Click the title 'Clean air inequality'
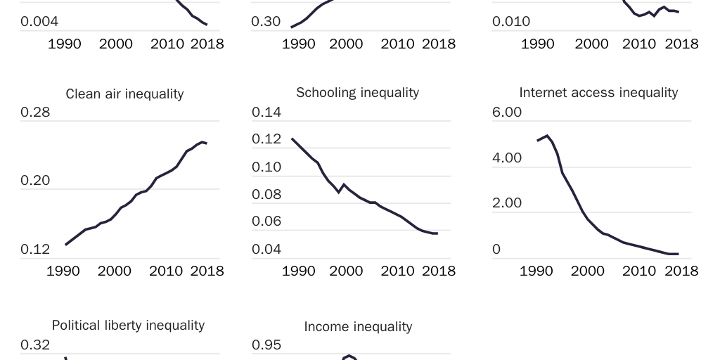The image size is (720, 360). pyautogui.click(x=124, y=94)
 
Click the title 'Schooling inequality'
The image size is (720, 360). pyautogui.click(x=357, y=92)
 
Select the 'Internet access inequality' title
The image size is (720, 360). pyautogui.click(x=598, y=92)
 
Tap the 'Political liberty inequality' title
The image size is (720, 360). pyautogui.click(x=128, y=325)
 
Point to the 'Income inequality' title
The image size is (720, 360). pyautogui.click(x=358, y=326)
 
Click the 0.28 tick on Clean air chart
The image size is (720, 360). pyautogui.click(x=35, y=112)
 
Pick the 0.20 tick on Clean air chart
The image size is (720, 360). pyautogui.click(x=35, y=180)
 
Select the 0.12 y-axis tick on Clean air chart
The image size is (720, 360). pyautogui.click(x=35, y=249)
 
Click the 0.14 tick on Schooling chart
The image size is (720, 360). pyautogui.click(x=266, y=112)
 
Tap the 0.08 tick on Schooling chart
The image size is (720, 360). pyautogui.click(x=266, y=194)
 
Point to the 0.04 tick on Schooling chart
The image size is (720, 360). pyautogui.click(x=266, y=249)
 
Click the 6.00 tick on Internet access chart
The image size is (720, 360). pyautogui.click(x=507, y=112)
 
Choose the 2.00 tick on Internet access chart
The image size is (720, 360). pyautogui.click(x=507, y=203)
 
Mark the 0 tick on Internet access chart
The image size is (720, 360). pyautogui.click(x=496, y=249)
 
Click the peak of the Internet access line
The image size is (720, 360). pyautogui.click(x=547, y=135)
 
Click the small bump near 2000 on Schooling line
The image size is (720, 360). pyautogui.click(x=344, y=185)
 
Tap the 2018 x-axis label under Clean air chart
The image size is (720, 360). pyautogui.click(x=207, y=271)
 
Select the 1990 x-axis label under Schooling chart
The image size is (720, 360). pyautogui.click(x=298, y=271)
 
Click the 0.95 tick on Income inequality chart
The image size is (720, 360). pyautogui.click(x=266, y=345)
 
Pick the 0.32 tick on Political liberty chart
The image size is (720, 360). pyautogui.click(x=35, y=345)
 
